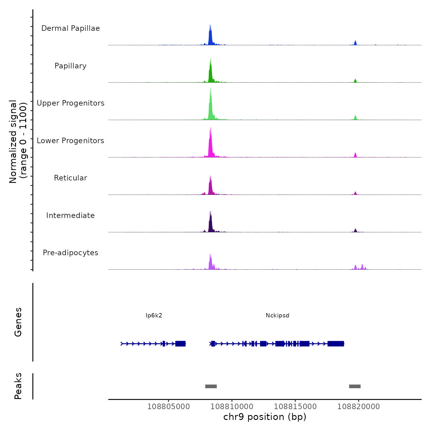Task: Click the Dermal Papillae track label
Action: [x=70, y=28]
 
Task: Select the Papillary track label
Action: [x=70, y=66]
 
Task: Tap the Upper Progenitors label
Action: [x=70, y=103]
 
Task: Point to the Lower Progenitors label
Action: [x=70, y=141]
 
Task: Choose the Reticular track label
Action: [x=70, y=178]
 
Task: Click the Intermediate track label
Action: [x=70, y=216]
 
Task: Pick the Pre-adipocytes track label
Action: [x=70, y=253]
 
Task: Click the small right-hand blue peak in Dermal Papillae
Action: [x=355, y=43]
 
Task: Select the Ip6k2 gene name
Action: [x=154, y=316]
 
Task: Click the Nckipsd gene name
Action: [x=277, y=316]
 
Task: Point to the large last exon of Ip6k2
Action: [x=180, y=344]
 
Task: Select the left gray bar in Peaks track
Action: [x=211, y=386]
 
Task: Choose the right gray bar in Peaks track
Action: [x=355, y=386]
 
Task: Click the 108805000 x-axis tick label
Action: [x=169, y=407]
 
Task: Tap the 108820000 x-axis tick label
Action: [x=358, y=407]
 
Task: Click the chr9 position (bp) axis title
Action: [x=265, y=417]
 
